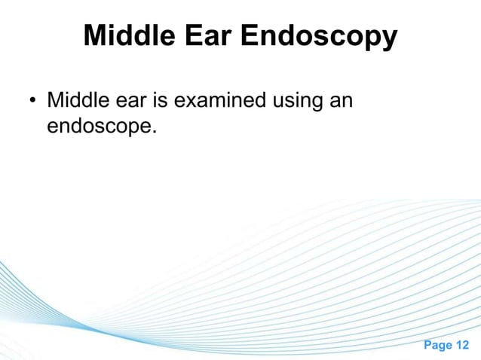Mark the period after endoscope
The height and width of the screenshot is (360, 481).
pos(155,132)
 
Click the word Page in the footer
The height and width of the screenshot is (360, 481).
pos(437,344)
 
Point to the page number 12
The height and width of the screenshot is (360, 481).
pos(464,344)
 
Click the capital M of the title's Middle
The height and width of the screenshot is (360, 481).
pos(95,35)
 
